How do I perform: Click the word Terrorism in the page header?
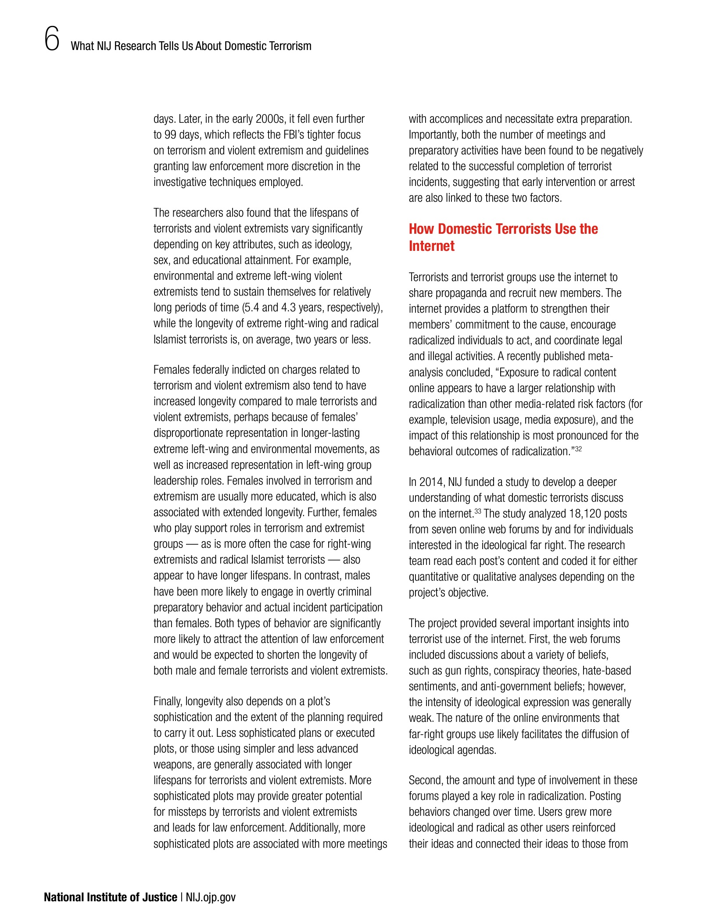pos(290,46)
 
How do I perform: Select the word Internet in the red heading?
pos(431,246)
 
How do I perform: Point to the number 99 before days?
pos(170,135)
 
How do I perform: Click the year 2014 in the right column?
pos(431,482)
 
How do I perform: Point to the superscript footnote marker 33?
pos(478,511)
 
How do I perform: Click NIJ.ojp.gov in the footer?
pos(211,897)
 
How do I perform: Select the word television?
pos(467,420)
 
